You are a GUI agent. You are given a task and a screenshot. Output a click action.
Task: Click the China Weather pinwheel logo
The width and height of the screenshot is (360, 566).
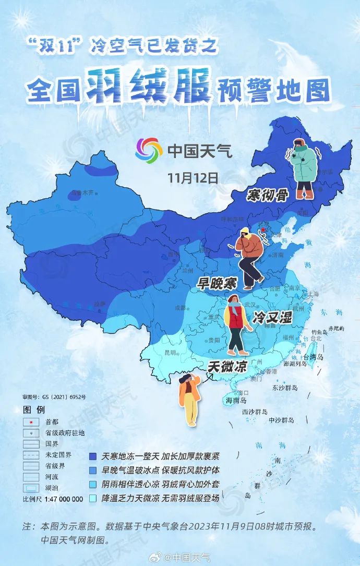coord(149,151)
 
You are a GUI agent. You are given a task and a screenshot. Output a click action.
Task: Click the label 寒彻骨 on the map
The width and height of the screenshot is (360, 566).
coord(268,196)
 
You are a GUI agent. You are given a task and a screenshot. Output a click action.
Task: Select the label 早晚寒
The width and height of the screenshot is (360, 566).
coord(217,283)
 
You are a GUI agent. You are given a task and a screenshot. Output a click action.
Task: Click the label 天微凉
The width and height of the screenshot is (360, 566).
coord(227,366)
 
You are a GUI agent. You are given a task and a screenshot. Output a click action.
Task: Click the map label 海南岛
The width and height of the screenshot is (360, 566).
coord(236,401)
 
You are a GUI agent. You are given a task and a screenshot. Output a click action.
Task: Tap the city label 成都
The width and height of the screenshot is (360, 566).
coord(181,308)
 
